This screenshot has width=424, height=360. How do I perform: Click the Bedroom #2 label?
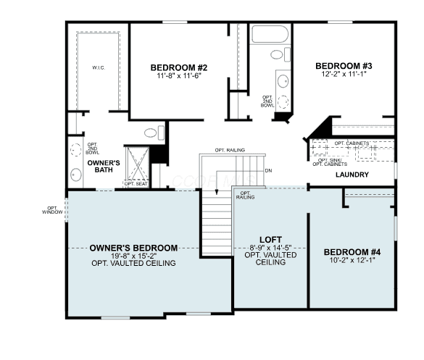click(179, 67)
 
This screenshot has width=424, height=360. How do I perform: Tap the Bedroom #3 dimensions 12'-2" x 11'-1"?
click(344, 74)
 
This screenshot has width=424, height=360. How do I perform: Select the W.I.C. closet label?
click(99, 67)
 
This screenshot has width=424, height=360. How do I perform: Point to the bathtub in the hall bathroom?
click(270, 34)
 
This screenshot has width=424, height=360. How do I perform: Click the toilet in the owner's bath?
click(154, 133)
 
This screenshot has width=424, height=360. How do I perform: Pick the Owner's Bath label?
click(104, 166)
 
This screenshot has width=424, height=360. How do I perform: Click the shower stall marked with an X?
click(138, 163)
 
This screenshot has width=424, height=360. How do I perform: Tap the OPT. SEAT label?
click(136, 184)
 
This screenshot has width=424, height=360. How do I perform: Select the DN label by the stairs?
click(268, 170)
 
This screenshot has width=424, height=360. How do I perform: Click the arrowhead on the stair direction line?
click(216, 192)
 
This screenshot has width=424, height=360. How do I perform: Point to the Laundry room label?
click(352, 175)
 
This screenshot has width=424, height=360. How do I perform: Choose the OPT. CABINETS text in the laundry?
click(352, 143)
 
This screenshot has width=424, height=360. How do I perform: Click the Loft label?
click(270, 240)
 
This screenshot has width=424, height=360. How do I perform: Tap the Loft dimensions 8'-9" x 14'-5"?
click(270, 248)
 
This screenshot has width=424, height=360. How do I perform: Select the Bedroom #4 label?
click(352, 252)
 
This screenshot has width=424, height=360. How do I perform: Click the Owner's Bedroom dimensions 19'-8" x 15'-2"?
click(134, 256)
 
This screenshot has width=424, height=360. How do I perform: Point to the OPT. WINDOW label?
click(52, 210)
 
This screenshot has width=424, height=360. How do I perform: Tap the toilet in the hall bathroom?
click(280, 54)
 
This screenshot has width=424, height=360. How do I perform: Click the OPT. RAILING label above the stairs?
click(230, 150)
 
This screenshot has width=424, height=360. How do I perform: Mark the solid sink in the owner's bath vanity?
click(75, 175)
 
